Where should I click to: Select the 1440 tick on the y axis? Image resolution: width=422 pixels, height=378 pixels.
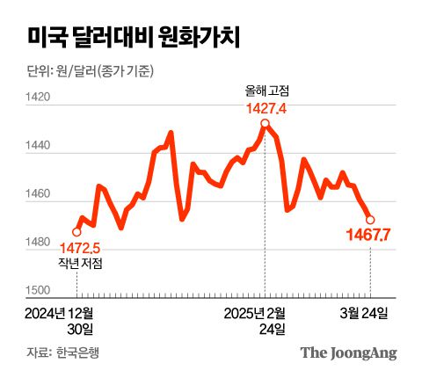(40, 148)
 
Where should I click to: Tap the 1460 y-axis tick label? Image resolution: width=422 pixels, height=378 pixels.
(40, 195)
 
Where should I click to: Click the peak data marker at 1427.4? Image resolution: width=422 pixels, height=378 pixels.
(264, 124)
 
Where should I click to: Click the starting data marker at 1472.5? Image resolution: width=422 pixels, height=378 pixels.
(76, 232)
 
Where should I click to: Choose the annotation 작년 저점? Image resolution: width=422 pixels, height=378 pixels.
(79, 263)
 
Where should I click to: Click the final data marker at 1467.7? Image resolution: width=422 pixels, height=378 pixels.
(370, 220)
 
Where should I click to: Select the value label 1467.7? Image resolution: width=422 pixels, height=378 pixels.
(369, 236)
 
